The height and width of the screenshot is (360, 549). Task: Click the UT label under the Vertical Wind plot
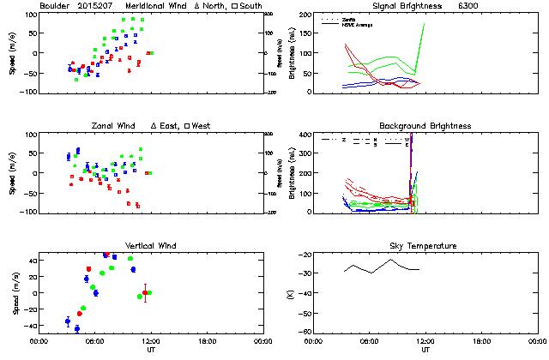(149, 351)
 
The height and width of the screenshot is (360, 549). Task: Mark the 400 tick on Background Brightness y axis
(305, 135)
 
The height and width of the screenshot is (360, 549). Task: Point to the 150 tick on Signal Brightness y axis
(305, 34)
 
